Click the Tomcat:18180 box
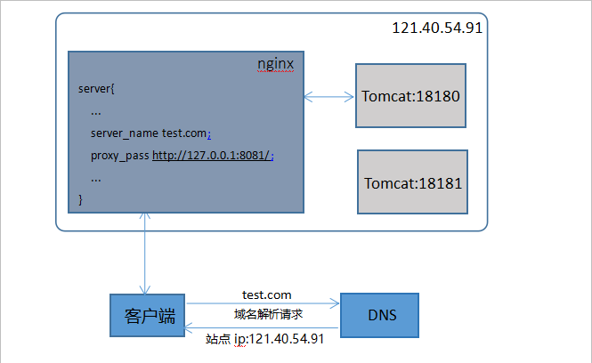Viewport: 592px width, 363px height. pos(410,95)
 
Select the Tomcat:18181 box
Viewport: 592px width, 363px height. pos(410,182)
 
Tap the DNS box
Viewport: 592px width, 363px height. pos(381,316)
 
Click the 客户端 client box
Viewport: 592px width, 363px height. pos(148,316)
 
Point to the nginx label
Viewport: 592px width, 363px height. pos(275,64)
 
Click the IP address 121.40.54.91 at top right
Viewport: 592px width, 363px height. pos(437,28)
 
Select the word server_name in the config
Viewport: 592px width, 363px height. pos(124,133)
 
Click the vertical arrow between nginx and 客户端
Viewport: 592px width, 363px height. pos(143,253)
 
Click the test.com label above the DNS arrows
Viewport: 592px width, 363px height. pos(266,294)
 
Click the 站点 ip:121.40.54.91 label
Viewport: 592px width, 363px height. pos(264,338)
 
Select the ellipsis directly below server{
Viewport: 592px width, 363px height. pos(95,111)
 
